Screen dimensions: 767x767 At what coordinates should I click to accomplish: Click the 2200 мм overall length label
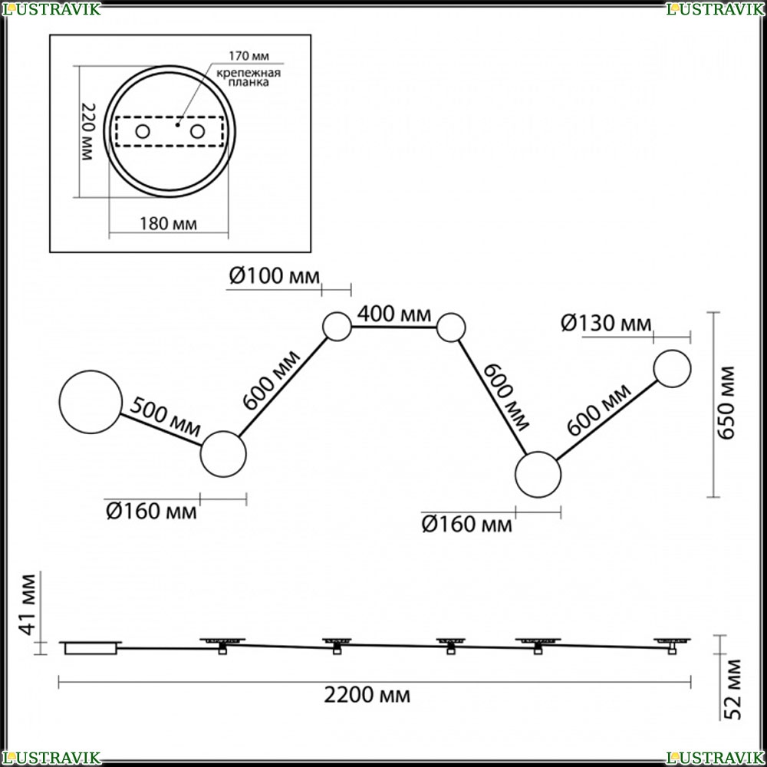pyautogui.click(x=367, y=695)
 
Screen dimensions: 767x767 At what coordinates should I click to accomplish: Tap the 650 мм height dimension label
pyautogui.click(x=727, y=403)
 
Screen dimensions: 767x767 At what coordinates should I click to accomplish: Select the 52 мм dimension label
pyautogui.click(x=732, y=690)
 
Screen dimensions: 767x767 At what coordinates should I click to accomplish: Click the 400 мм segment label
pyautogui.click(x=394, y=314)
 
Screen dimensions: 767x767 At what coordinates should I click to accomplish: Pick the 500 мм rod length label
pyautogui.click(x=166, y=416)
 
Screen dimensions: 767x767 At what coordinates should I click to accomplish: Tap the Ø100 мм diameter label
pyautogui.click(x=274, y=276)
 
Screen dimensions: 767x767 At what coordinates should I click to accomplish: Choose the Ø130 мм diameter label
pyautogui.click(x=606, y=324)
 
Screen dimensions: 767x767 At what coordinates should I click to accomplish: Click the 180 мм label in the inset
pyautogui.click(x=168, y=224)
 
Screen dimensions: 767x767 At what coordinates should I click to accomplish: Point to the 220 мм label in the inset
pyautogui.click(x=87, y=132)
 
